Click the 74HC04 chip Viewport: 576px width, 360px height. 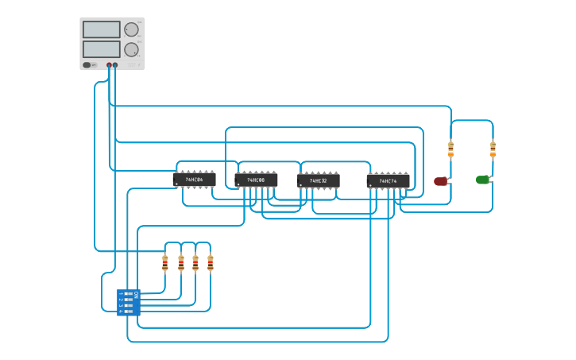coord(194,180)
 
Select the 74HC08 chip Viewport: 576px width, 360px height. coord(256,180)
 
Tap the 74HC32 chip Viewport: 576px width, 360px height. coord(318,180)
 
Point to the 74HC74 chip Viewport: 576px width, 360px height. coord(388,181)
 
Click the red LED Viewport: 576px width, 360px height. coord(440,181)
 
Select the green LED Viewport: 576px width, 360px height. coord(482,180)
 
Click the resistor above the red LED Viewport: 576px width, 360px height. coord(450,149)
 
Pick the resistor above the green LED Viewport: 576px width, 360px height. coord(493,149)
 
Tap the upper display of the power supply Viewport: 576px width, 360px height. coord(101,29)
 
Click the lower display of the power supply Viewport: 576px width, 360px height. coord(101,49)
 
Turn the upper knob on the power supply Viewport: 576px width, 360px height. coord(131,29)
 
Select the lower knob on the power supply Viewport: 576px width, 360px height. coord(131,49)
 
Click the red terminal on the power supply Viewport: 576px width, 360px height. coord(109,65)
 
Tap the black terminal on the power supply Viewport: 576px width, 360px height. coord(115,65)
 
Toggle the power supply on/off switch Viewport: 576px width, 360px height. coord(88,65)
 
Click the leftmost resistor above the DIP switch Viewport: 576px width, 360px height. coord(165,263)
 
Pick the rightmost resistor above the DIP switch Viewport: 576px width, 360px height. coord(211,263)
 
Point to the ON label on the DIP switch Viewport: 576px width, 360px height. coord(137,295)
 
